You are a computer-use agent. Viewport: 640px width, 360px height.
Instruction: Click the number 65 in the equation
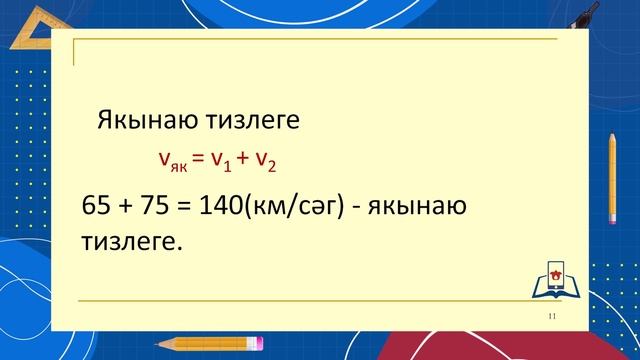pos(96,207)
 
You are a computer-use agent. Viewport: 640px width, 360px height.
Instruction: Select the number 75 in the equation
pos(155,207)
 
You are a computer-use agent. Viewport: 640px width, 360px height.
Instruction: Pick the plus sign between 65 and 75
pos(126,207)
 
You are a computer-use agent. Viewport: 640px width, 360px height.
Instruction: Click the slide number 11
pos(551,316)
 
